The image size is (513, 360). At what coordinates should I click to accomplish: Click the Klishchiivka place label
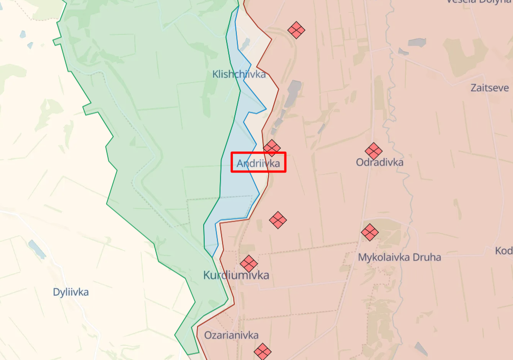pos(239,75)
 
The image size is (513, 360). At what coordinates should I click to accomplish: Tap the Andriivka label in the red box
pos(258,163)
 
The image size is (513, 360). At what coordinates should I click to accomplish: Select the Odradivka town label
pos(379,162)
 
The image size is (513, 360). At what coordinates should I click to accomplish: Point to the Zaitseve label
pos(490,88)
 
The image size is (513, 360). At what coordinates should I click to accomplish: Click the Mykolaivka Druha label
pos(399,257)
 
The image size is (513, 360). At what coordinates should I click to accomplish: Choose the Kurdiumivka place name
pos(236,275)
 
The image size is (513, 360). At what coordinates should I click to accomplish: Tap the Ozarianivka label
pos(231,335)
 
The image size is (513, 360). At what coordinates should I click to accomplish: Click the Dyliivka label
pos(71,292)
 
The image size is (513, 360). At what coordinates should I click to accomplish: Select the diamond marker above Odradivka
pos(374,151)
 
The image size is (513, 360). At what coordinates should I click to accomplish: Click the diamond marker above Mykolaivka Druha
pos(370,232)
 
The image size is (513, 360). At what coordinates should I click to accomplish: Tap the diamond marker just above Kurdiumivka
pos(249,263)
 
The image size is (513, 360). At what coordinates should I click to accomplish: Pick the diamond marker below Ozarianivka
pos(263,351)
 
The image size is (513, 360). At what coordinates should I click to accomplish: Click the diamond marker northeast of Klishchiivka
pos(296,30)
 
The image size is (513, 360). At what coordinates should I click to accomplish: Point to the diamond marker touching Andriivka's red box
pos(272,148)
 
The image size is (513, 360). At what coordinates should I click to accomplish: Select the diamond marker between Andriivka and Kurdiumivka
pos(278,220)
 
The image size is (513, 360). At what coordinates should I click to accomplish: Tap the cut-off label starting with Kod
pos(503,251)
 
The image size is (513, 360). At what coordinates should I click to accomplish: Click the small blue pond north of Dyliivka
pos(37,249)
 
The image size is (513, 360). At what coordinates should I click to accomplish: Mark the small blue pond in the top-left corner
pos(22,34)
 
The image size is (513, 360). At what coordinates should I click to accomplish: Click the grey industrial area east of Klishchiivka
pos(292,92)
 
